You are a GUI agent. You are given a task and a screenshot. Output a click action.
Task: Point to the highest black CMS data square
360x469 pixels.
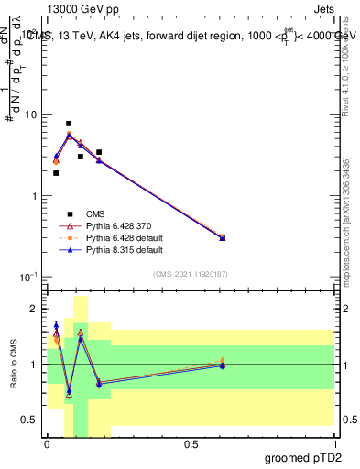(69, 124)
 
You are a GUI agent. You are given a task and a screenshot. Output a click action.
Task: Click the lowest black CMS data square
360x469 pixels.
(56, 172)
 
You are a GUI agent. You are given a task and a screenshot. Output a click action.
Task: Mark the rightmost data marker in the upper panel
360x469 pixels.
(223, 237)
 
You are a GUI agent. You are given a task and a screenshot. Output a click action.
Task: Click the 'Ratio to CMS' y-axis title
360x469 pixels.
(13, 365)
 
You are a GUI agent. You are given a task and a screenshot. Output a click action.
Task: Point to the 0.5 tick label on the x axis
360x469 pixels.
(191, 442)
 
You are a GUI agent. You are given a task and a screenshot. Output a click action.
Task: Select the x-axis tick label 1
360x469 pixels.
(334, 442)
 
